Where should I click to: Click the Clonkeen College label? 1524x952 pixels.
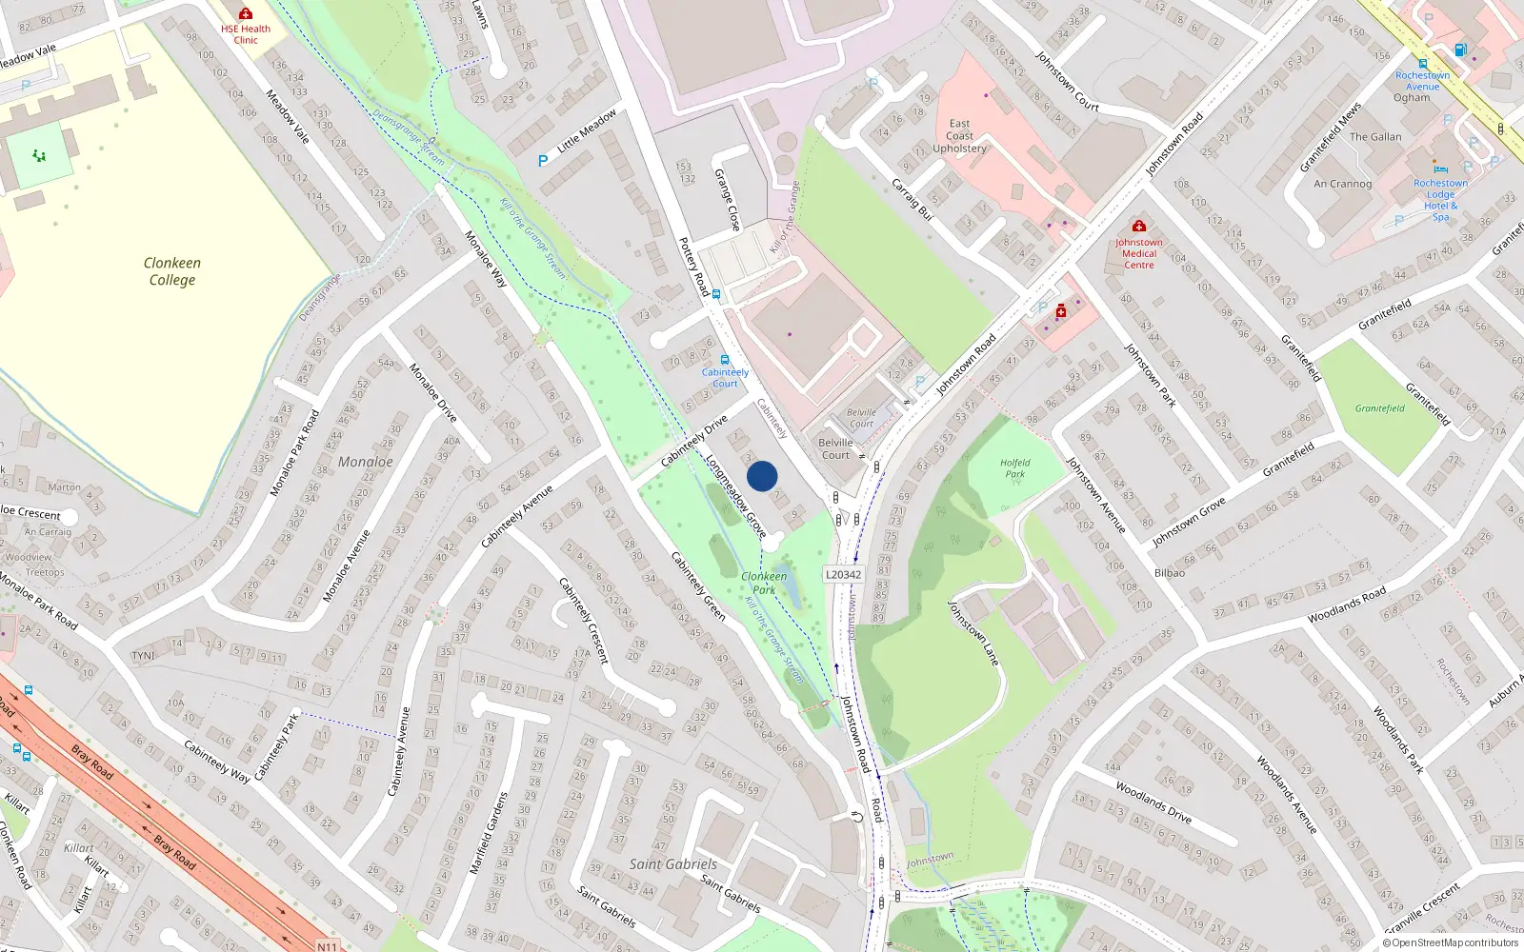pyautogui.click(x=171, y=271)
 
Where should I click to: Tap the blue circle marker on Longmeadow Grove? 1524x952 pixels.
pyautogui.click(x=762, y=476)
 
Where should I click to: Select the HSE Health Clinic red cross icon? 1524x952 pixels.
pyautogui.click(x=246, y=14)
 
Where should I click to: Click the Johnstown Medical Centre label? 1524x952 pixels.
pyautogui.click(x=1138, y=253)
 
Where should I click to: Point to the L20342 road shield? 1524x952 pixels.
pyautogui.click(x=843, y=574)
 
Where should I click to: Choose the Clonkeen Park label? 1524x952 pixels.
pyautogui.click(x=764, y=583)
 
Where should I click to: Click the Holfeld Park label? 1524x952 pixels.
pyautogui.click(x=1015, y=467)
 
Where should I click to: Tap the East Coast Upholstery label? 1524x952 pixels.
pyautogui.click(x=959, y=136)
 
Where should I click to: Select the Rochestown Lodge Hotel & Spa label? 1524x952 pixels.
pyautogui.click(x=1440, y=200)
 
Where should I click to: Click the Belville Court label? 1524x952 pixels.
pyautogui.click(x=835, y=448)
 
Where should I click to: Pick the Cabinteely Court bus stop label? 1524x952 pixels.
pyautogui.click(x=725, y=378)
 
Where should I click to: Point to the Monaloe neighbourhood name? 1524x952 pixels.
pyautogui.click(x=365, y=462)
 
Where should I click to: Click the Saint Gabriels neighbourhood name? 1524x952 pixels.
pyautogui.click(x=672, y=864)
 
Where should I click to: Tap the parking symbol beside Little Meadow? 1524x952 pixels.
pyautogui.click(x=543, y=161)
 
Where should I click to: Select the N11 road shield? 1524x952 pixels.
pyautogui.click(x=327, y=945)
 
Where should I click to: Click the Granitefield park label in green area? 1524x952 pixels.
pyautogui.click(x=1379, y=408)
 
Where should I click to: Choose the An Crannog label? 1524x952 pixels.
pyautogui.click(x=1342, y=184)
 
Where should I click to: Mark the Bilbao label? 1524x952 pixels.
pyautogui.click(x=1169, y=573)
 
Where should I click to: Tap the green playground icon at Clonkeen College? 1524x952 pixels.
pyautogui.click(x=39, y=155)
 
